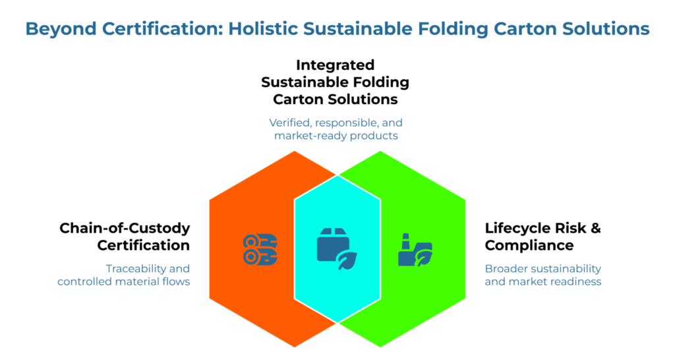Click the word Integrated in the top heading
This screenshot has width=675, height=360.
(x=335, y=65)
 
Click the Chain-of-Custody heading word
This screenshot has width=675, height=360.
(x=125, y=228)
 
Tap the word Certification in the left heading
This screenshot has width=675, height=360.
(x=144, y=245)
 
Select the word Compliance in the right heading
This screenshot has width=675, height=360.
(x=529, y=245)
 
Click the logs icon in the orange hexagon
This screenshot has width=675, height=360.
(x=260, y=250)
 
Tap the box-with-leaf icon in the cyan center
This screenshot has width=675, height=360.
(x=337, y=249)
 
